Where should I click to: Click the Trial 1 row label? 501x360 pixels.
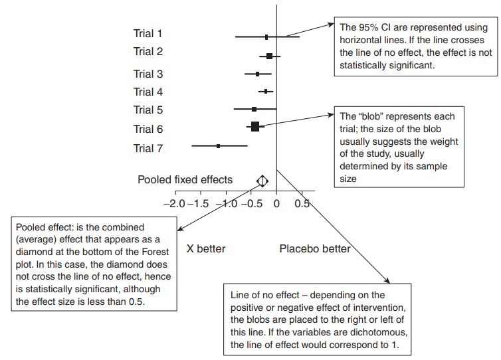[148, 33]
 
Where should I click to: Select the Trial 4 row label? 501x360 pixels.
[148, 92]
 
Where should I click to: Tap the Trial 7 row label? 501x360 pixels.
[148, 148]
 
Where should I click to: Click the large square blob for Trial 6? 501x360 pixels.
[254, 126]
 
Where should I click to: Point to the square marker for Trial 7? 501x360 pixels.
[219, 145]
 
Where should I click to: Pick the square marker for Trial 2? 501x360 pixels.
[269, 56]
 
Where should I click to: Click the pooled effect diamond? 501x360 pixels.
[262, 180]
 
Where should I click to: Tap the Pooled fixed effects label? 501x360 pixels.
[185, 179]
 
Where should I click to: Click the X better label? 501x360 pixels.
[206, 249]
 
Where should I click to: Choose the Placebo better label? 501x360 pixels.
[314, 249]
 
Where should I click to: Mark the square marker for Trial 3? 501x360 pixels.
[258, 74]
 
